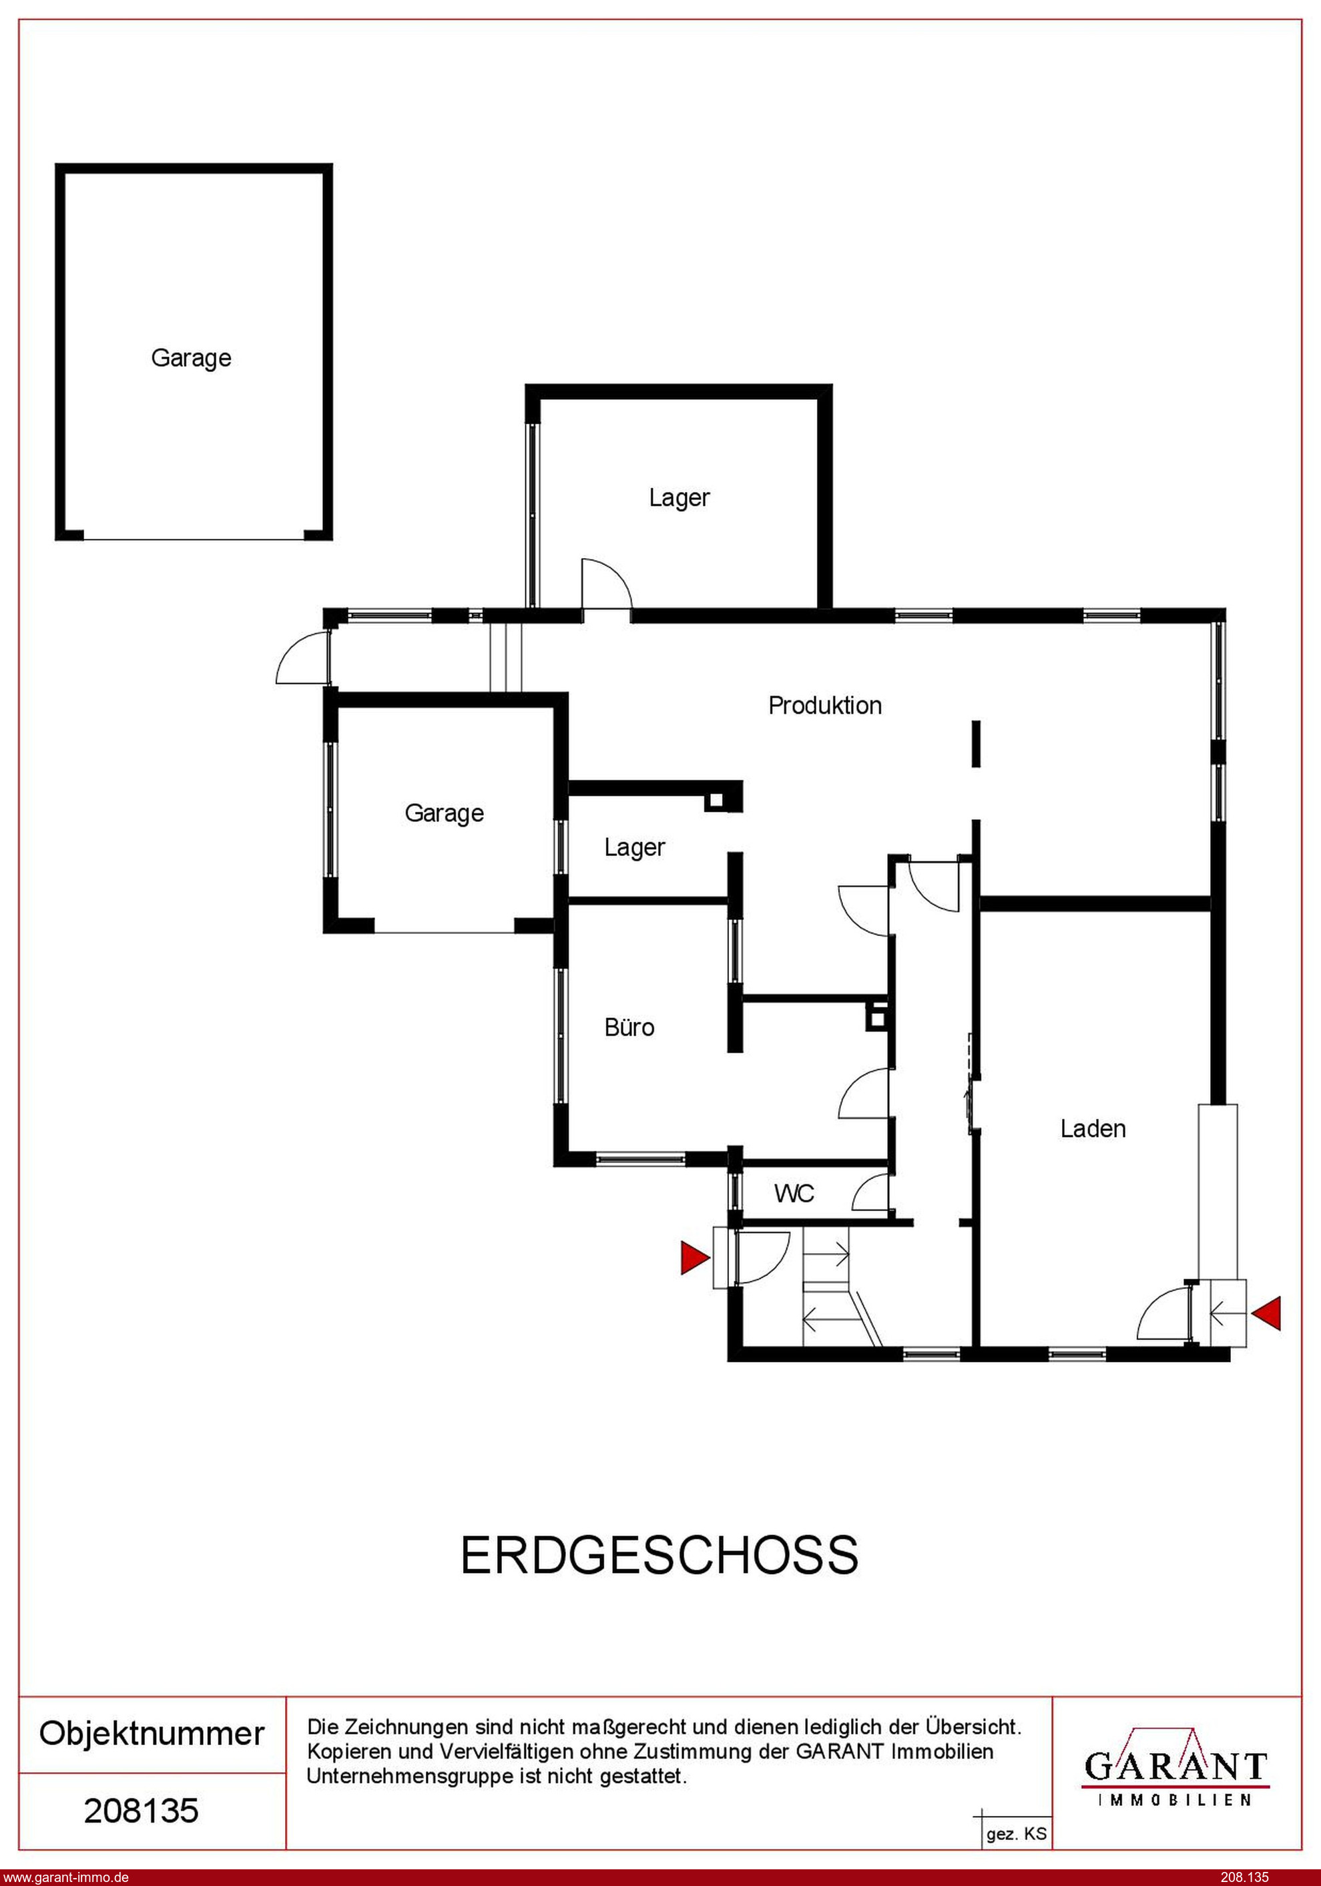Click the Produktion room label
pos(825,706)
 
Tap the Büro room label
pos(629,1027)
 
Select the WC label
pos(794,1194)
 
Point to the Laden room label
pos(1093,1129)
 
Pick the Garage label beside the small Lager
pos(445,814)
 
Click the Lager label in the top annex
pos(680,499)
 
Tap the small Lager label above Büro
pos(634,848)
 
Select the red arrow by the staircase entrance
pos(695,1258)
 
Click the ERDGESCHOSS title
pos(659,1555)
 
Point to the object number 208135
pos(142,1811)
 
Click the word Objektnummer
pos(152,1733)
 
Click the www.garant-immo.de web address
pos(65,1877)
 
